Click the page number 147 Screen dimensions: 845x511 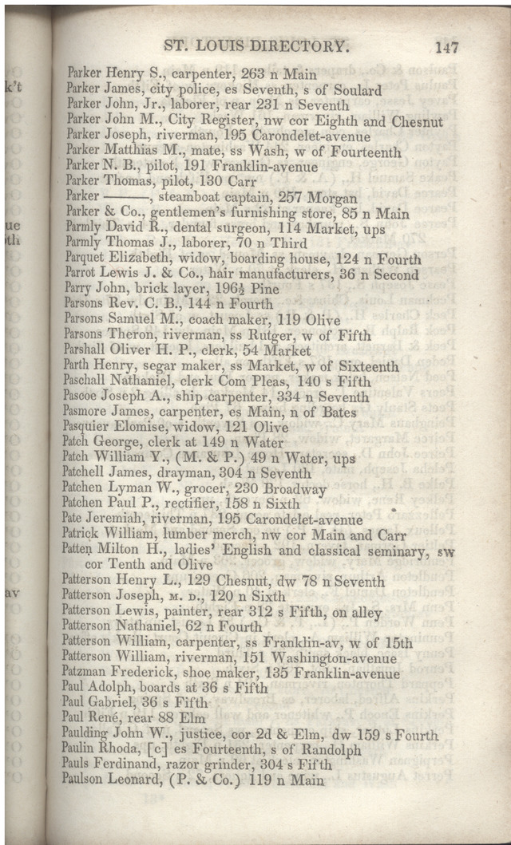pyautogui.click(x=446, y=47)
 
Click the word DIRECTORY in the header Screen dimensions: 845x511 pyautogui.click(x=299, y=47)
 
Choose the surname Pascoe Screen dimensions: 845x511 pyautogui.click(x=84, y=397)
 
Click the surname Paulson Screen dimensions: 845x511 pyautogui.click(x=88, y=780)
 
